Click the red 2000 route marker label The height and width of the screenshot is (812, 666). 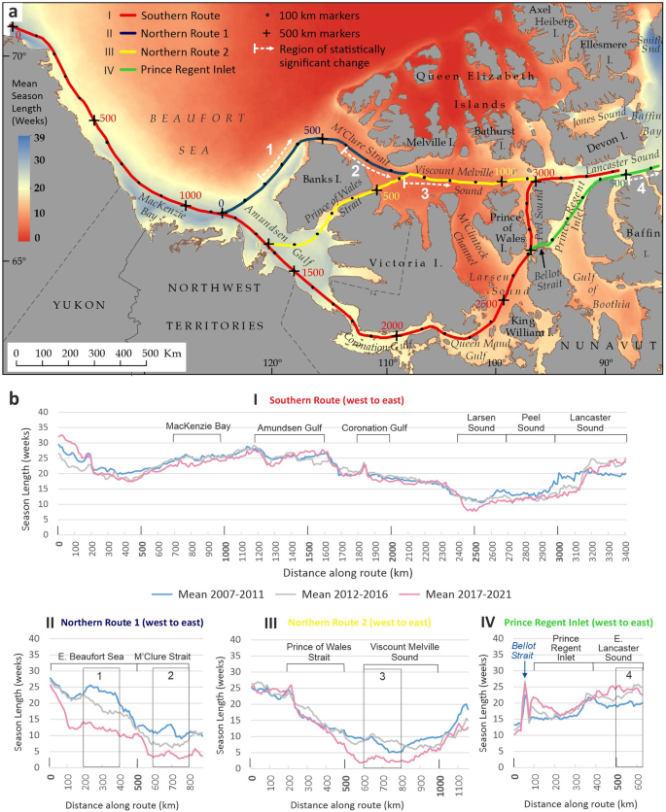391,325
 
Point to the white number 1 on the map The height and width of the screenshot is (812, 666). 270,150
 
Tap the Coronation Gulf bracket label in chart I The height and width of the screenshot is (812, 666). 373,425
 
